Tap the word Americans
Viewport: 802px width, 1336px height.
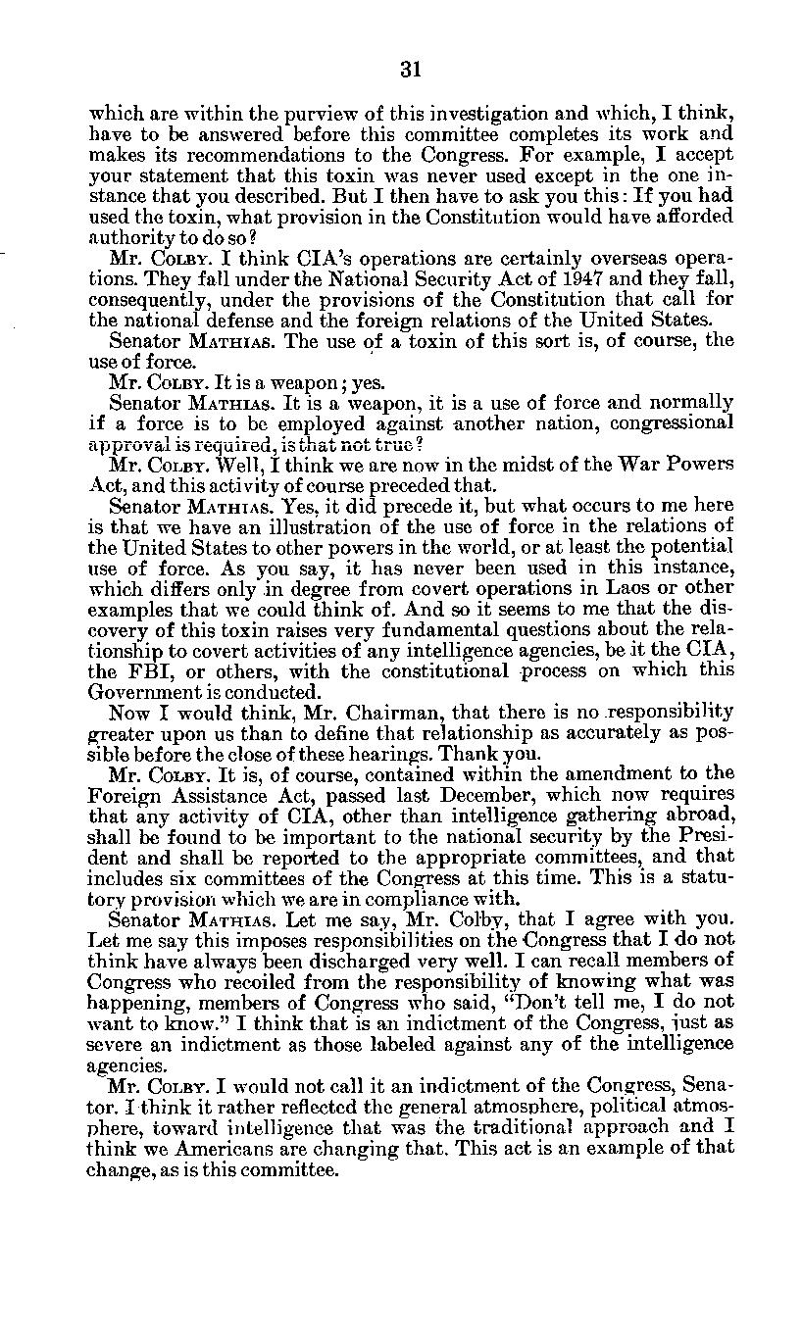click(x=202, y=1150)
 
